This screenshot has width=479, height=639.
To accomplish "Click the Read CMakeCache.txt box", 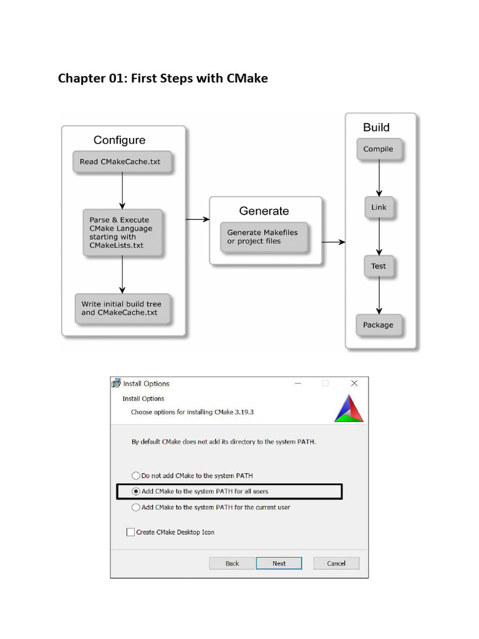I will pos(120,162).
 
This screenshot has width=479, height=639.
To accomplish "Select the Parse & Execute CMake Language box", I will pos(121,232).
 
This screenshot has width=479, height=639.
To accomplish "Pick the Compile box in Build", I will pos(379,149).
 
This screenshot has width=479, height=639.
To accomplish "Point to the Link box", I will pos(379,207).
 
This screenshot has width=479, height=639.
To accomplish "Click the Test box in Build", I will pos(379,266).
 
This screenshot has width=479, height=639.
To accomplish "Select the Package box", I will pos(379,324).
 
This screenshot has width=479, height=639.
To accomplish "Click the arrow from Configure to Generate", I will pos(197,219).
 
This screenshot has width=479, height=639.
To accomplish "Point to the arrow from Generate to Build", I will pos(333,241).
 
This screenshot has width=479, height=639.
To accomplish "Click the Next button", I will pos(279,563).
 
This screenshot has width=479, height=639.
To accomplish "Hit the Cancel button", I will pos(336,563).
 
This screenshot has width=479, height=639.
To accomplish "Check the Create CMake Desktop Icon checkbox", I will pos(130,532).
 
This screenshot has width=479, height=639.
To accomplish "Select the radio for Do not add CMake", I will pos(136,476).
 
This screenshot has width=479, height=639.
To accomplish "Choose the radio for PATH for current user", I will pos(136,507).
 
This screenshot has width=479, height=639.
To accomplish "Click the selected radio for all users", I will pos(136,492).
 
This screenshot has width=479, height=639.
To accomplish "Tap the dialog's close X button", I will pos(354,383).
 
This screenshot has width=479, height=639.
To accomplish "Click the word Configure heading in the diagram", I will pos(119,140).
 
